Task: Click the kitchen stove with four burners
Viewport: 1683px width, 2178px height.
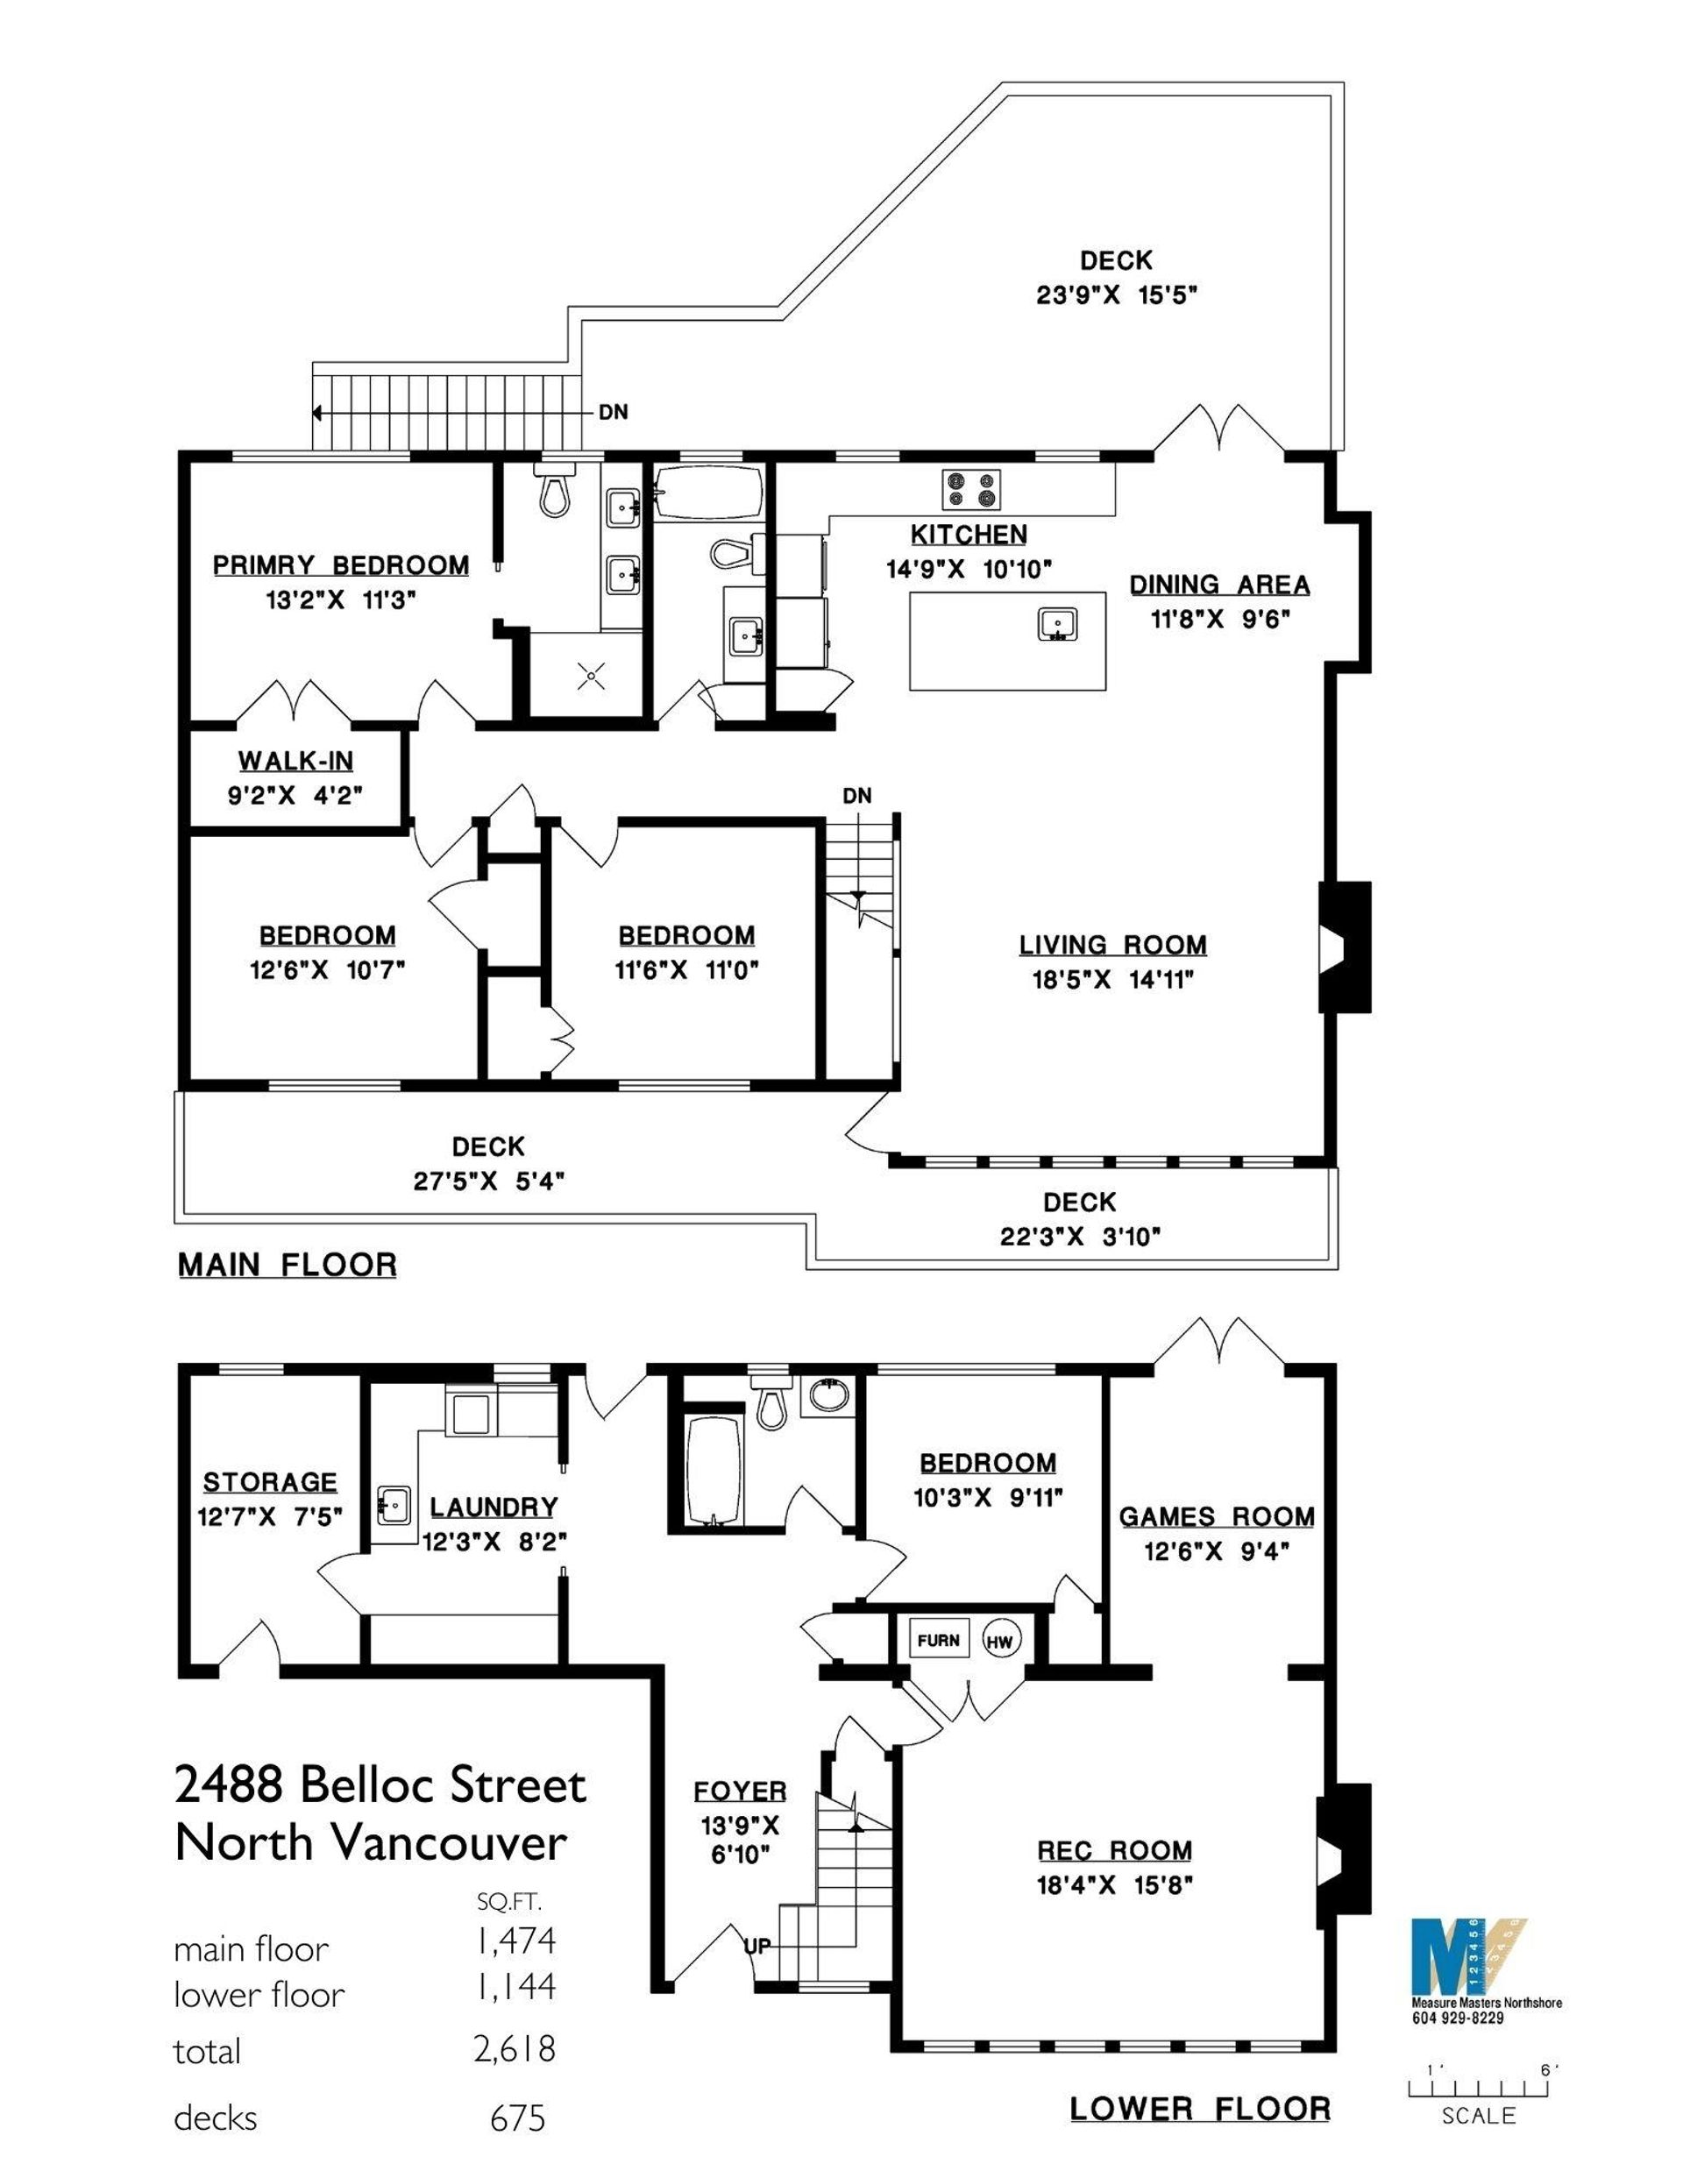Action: pos(970,489)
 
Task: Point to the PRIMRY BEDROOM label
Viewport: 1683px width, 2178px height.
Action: pos(340,565)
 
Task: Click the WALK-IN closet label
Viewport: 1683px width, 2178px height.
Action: pos(295,761)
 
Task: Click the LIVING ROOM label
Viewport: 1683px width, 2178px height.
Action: pos(1112,945)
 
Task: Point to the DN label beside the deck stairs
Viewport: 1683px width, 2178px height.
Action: pos(614,412)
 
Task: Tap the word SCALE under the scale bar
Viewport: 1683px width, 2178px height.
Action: pos(1479,2115)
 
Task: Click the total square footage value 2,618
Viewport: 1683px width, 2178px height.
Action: pos(514,2047)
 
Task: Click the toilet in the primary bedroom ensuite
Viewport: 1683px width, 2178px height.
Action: pos(555,491)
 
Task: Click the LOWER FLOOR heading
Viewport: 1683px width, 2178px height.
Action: pos(1200,2108)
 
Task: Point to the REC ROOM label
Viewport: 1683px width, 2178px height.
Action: pos(1114,1850)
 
